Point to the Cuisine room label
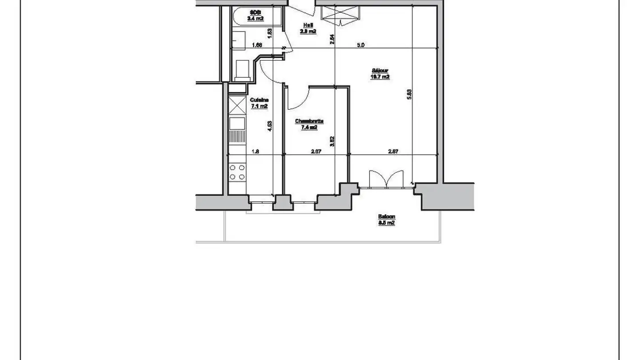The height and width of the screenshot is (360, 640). (259, 103)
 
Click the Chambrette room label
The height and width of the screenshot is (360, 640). (309, 124)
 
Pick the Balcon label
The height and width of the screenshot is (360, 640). (386, 220)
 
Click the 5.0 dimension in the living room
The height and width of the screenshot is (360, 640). (361, 45)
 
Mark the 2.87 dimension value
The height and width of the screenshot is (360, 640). (393, 152)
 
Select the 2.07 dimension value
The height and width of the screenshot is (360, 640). (316, 152)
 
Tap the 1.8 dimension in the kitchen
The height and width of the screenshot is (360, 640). (255, 152)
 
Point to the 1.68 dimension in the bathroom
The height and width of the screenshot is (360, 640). (257, 45)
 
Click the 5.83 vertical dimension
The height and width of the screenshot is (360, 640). (409, 94)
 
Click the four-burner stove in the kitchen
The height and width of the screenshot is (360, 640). (237, 172)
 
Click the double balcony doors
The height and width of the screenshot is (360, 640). (386, 180)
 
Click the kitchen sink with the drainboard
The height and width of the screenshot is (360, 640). (237, 129)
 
